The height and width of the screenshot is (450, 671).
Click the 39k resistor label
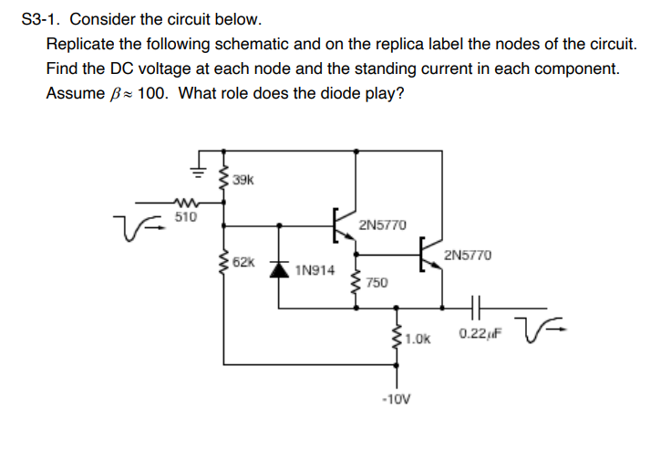[243, 180]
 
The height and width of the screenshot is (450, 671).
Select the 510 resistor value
[184, 218]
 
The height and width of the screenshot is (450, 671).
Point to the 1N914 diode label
[315, 270]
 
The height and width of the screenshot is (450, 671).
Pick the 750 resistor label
[377, 283]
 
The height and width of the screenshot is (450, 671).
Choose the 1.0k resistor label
[418, 339]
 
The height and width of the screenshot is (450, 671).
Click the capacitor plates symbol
[477, 307]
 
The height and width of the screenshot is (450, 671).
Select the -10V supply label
[397, 399]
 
